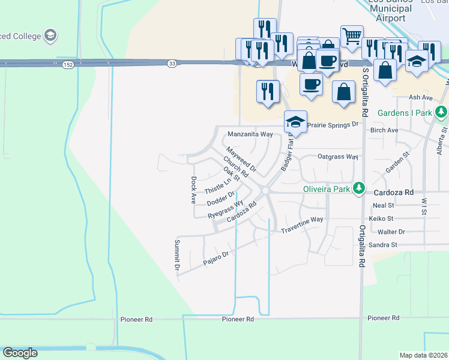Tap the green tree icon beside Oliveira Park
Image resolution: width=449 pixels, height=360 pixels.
pyautogui.click(x=359, y=188)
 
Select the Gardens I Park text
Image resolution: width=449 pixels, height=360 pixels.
pyautogui.click(x=405, y=113)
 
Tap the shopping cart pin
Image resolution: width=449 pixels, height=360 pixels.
pyautogui.click(x=351, y=35)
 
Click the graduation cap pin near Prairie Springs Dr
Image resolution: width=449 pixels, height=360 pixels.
pyautogui.click(x=295, y=122)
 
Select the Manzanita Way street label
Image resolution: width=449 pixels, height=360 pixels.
pyautogui.click(x=250, y=134)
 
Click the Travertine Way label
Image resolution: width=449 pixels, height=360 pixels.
pyautogui.click(x=302, y=220)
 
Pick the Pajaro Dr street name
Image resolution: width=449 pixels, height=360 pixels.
pyautogui.click(x=216, y=256)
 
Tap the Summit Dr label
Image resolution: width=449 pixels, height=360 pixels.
pyautogui.click(x=177, y=254)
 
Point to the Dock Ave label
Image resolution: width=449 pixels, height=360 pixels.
pyautogui.click(x=193, y=190)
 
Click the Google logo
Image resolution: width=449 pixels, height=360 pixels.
pyautogui.click(x=20, y=352)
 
